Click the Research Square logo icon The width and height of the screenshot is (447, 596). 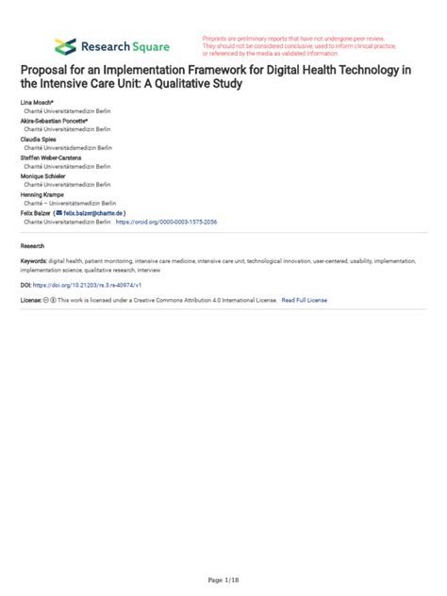coord(65,45)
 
